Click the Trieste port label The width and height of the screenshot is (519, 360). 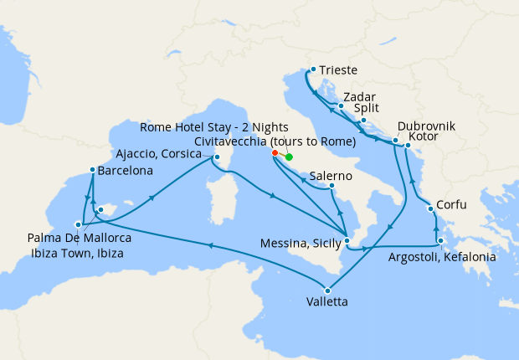coord(339,71)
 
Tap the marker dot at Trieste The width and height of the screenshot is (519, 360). coord(312,69)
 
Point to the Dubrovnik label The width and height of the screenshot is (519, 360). coord(426,126)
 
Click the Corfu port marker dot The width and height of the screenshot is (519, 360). coord(430,208)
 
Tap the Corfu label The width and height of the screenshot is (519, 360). coord(453,204)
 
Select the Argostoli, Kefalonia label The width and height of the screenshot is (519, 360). coord(442,257)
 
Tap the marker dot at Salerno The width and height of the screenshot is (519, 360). coord(332,185)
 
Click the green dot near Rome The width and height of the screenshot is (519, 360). coord(289,157)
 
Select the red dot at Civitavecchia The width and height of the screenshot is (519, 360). coord(275,153)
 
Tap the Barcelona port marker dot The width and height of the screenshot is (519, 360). coord(91,171)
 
